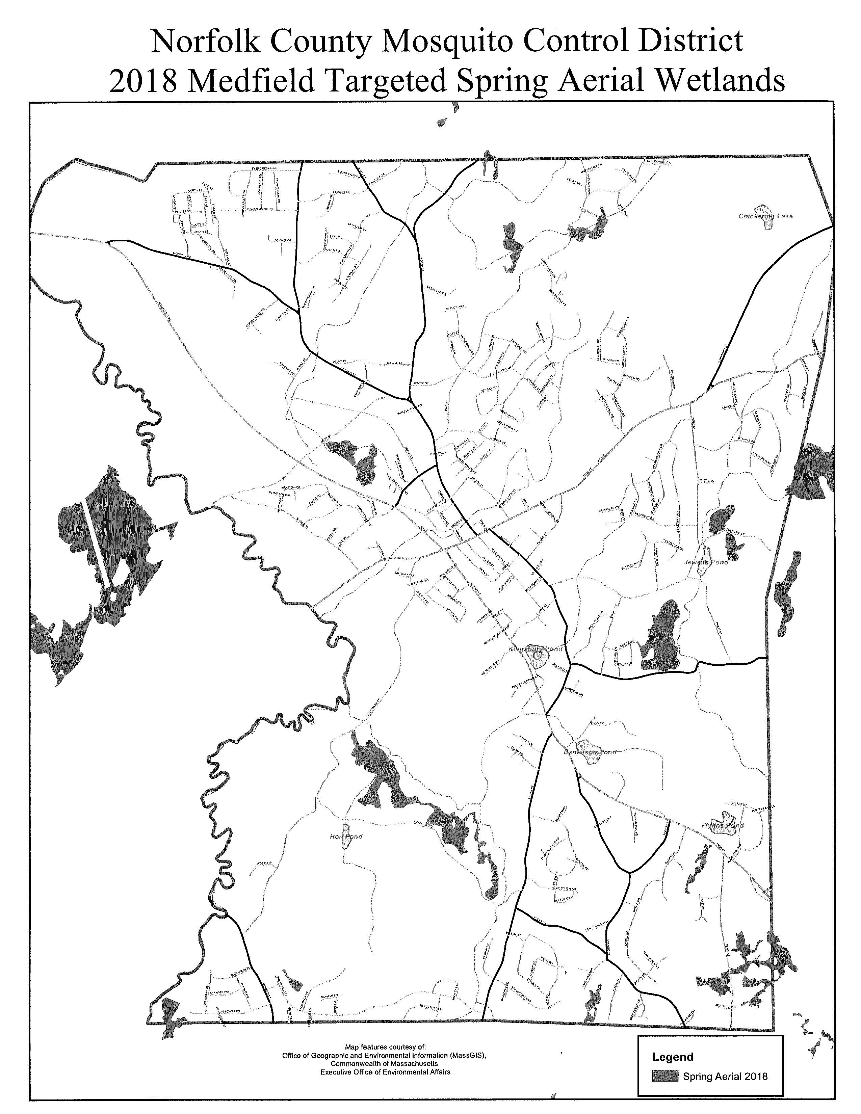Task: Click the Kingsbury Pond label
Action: (x=535, y=649)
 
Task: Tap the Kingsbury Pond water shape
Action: (x=537, y=661)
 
